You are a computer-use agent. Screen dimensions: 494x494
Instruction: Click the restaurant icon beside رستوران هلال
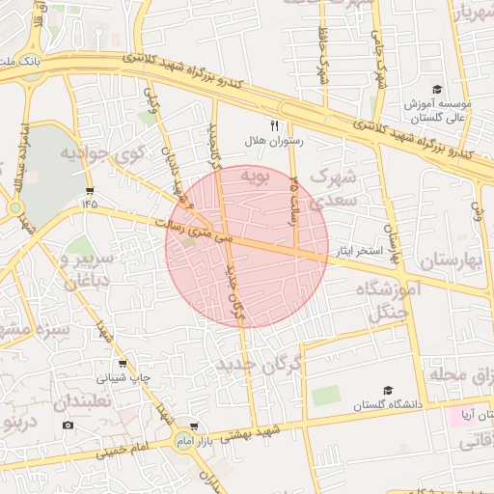pyautogui.click(x=275, y=125)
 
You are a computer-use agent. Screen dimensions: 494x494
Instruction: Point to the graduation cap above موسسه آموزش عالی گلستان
pyautogui.click(x=437, y=89)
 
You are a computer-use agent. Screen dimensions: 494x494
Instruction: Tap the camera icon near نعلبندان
pyautogui.click(x=68, y=425)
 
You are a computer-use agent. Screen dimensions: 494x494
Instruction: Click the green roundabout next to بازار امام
pyautogui.click(x=183, y=441)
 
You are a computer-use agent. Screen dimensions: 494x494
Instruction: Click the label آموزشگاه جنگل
pyautogui.click(x=391, y=300)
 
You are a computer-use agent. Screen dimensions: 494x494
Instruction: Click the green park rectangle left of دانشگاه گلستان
pyautogui.click(x=326, y=396)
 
